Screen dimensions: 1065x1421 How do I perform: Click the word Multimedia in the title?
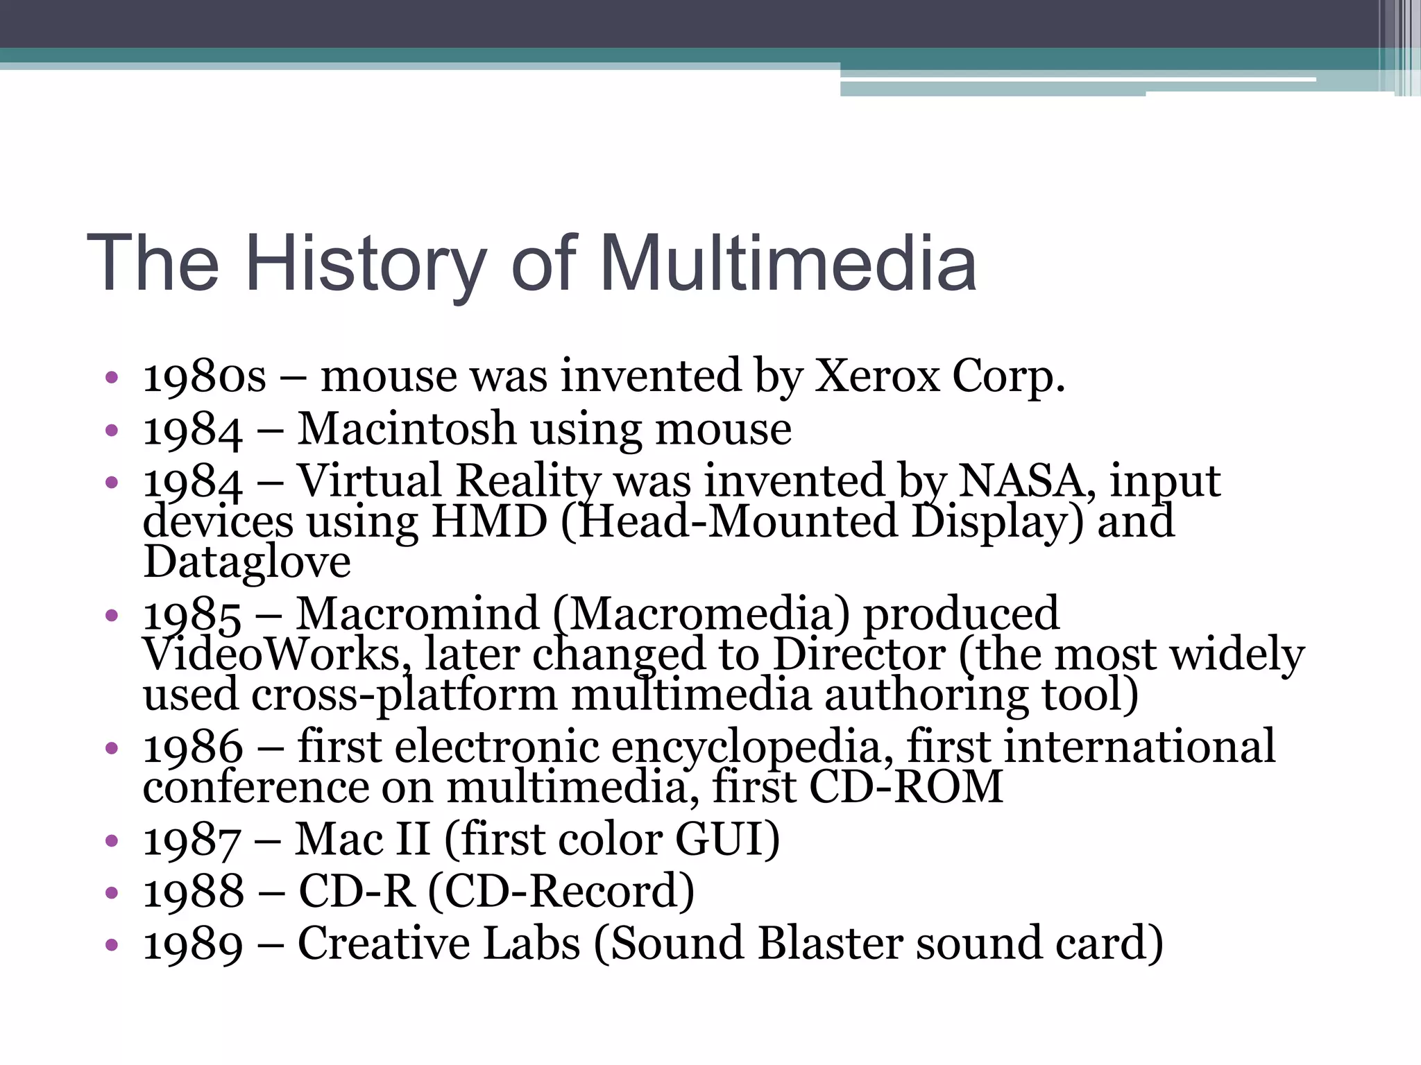click(788, 264)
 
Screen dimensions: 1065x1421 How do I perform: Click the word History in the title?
click(365, 264)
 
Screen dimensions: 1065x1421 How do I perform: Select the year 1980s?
click(205, 376)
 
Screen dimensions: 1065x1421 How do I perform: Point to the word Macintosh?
click(407, 429)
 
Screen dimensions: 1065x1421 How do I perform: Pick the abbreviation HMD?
click(489, 521)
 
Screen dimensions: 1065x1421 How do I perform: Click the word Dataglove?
click(246, 562)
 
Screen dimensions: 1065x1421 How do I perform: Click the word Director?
click(859, 655)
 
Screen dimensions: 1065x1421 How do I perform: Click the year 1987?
click(192, 840)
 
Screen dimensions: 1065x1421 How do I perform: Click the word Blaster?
click(830, 944)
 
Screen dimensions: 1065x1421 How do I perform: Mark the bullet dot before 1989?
click(112, 945)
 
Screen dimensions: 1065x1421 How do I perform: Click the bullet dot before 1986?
click(112, 749)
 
